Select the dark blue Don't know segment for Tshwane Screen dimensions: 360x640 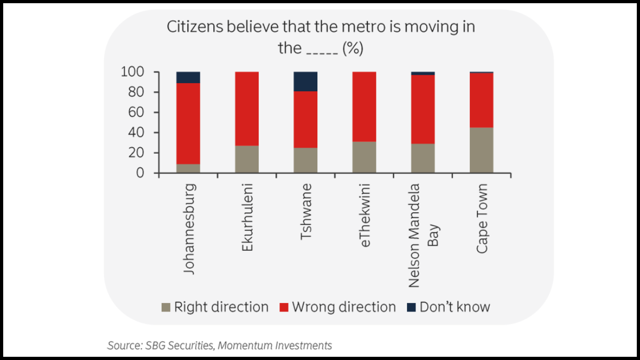[x=306, y=81]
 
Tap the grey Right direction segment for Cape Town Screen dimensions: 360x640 [x=482, y=150]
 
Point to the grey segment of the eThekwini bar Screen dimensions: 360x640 [x=364, y=157]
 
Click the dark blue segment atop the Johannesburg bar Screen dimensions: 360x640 [x=188, y=77]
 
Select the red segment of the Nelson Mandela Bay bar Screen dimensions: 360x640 [x=423, y=109]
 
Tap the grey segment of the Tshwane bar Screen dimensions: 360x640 [x=306, y=160]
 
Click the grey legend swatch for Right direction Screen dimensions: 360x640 [x=166, y=308]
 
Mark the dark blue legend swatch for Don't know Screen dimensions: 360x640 [x=411, y=308]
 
